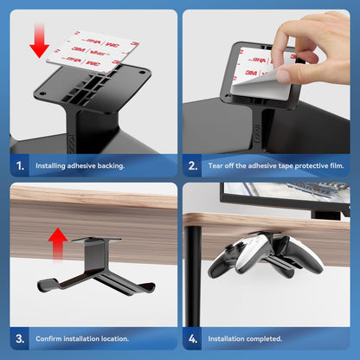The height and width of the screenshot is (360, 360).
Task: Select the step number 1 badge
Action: [x=21, y=164]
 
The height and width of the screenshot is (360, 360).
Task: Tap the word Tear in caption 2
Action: [x=216, y=165]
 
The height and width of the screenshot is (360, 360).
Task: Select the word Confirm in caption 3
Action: [x=49, y=338]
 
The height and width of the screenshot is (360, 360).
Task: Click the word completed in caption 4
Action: [x=262, y=338]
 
